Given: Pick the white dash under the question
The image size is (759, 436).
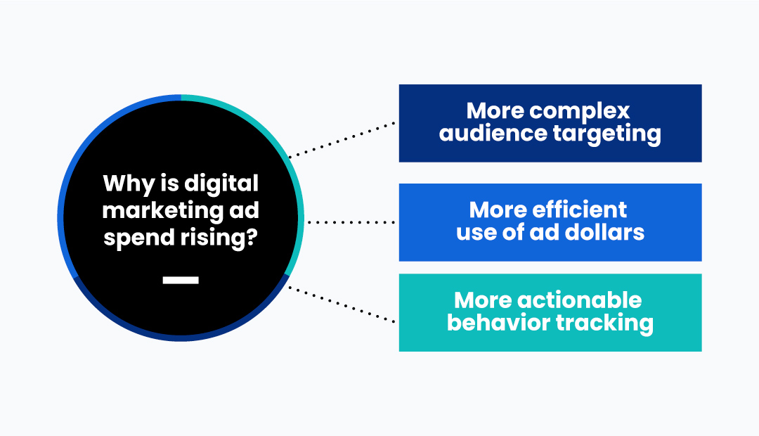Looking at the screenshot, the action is pos(181,280).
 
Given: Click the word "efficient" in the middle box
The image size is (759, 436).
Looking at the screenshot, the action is pos(579,210).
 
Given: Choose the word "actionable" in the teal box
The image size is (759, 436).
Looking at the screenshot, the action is pos(579,300).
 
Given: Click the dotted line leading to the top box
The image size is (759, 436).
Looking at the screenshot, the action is pos(342,140).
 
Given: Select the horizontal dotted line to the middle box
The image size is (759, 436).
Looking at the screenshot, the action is pos(351,222).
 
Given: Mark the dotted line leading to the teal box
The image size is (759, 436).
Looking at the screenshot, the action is pos(342,304).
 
